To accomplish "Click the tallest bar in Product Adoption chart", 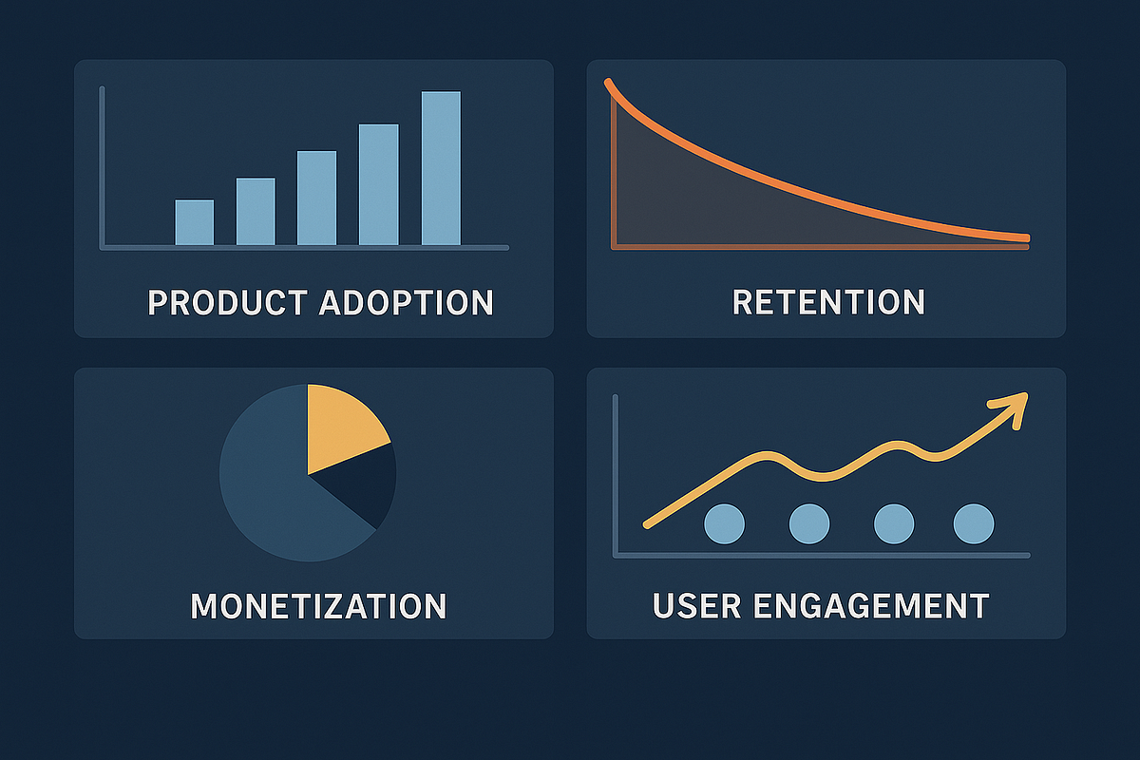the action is click(x=441, y=168).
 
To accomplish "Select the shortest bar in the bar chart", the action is click(x=195, y=222).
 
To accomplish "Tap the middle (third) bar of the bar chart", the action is click(x=316, y=198).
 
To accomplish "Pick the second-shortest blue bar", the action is click(x=256, y=212).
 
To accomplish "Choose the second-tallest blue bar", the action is click(x=379, y=185).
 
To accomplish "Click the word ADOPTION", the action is click(x=407, y=303).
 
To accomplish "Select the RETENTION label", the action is click(x=828, y=302).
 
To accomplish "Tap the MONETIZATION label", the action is click(x=318, y=606).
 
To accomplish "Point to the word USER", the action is click(x=696, y=605).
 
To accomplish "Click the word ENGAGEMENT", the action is click(x=871, y=605).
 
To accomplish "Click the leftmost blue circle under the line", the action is click(x=724, y=523).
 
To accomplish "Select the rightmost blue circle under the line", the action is click(x=974, y=523).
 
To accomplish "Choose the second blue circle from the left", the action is click(x=809, y=523).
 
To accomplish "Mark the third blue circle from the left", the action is click(x=894, y=523).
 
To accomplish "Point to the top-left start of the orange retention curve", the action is click(x=607, y=82).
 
